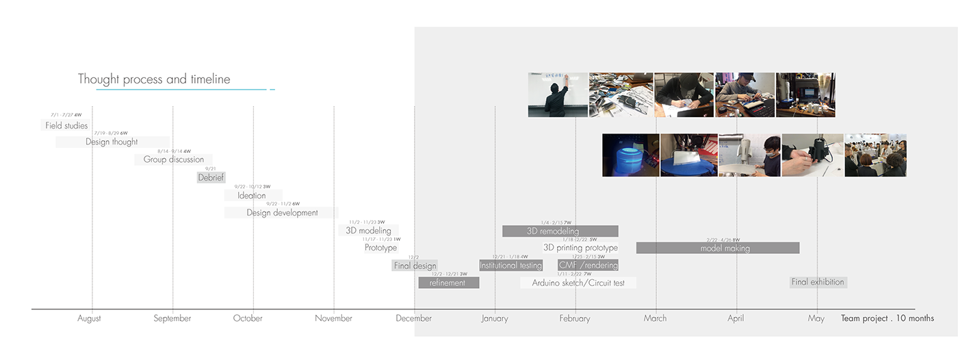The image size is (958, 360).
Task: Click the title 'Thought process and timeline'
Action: tap(154, 79)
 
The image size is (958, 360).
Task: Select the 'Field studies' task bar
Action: tap(66, 125)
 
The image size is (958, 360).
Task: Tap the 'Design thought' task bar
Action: tap(112, 142)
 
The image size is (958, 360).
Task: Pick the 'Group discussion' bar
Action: tap(174, 159)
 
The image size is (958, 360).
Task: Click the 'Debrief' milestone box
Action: tap(211, 177)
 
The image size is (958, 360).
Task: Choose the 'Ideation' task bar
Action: tap(253, 195)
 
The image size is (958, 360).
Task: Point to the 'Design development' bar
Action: tap(282, 213)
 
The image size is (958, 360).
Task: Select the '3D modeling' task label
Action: tap(368, 231)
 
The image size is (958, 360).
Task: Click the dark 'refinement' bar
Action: tap(448, 283)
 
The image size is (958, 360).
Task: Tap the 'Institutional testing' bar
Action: tap(510, 266)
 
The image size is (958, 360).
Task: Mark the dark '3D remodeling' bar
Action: tap(560, 231)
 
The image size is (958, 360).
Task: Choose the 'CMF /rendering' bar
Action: tap(588, 266)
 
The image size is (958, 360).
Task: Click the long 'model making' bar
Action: tap(718, 248)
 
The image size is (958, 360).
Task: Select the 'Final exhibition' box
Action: tap(818, 282)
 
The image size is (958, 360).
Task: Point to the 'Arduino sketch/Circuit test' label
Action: tap(578, 283)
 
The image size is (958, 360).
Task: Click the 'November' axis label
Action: tap(334, 318)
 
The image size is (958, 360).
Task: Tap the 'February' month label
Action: tap(575, 318)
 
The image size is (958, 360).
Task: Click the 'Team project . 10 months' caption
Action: tap(887, 318)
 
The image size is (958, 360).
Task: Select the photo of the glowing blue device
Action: tap(630, 155)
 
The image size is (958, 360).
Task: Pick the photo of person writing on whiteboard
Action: tap(558, 94)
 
